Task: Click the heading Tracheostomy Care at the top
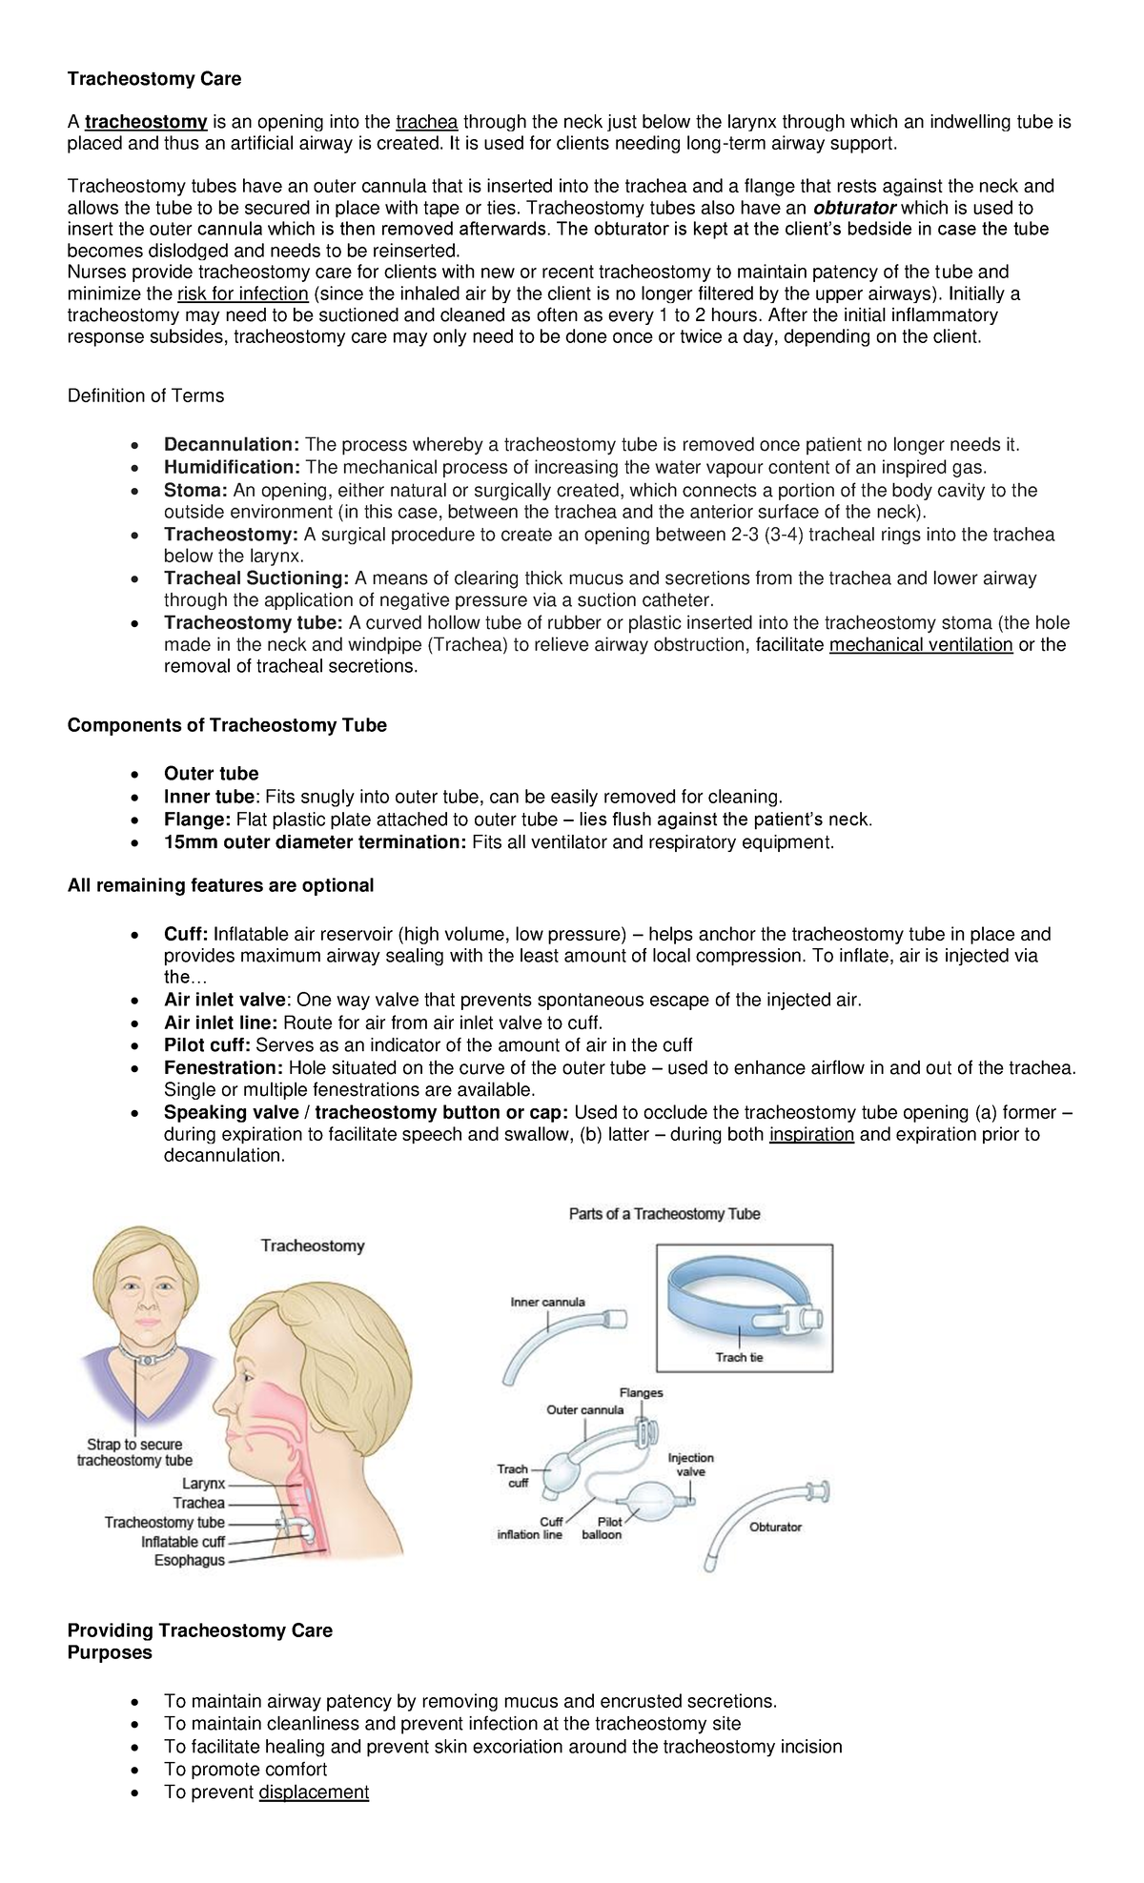(x=153, y=79)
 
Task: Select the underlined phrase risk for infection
(x=242, y=294)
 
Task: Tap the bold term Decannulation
(x=232, y=445)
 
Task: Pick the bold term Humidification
(x=232, y=467)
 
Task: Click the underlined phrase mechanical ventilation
(x=921, y=645)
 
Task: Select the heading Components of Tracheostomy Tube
(x=227, y=725)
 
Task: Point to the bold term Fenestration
(x=223, y=1068)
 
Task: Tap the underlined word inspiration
(x=811, y=1135)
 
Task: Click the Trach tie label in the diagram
(x=739, y=1357)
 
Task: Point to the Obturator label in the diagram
(x=775, y=1527)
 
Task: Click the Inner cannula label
(x=547, y=1302)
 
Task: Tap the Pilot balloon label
(x=602, y=1529)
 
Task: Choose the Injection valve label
(x=690, y=1465)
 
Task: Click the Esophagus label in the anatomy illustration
(x=190, y=1561)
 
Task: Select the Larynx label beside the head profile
(x=204, y=1484)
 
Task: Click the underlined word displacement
(x=314, y=1792)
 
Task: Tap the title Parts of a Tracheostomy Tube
(x=664, y=1214)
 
